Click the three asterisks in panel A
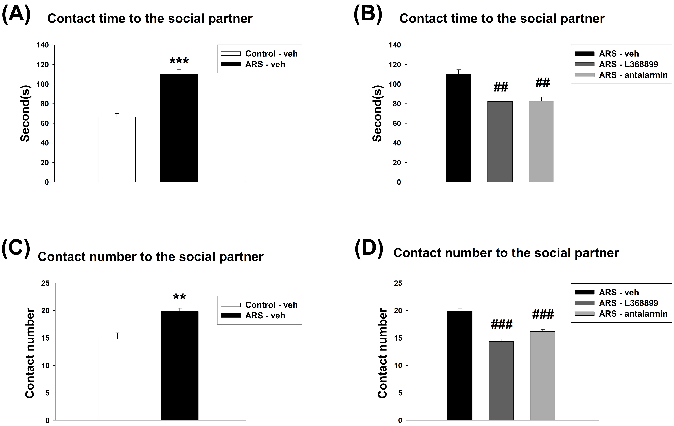[x=179, y=61]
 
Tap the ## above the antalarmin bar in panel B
[x=542, y=83]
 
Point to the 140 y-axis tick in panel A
[x=43, y=45]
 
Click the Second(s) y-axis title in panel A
[x=25, y=114]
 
